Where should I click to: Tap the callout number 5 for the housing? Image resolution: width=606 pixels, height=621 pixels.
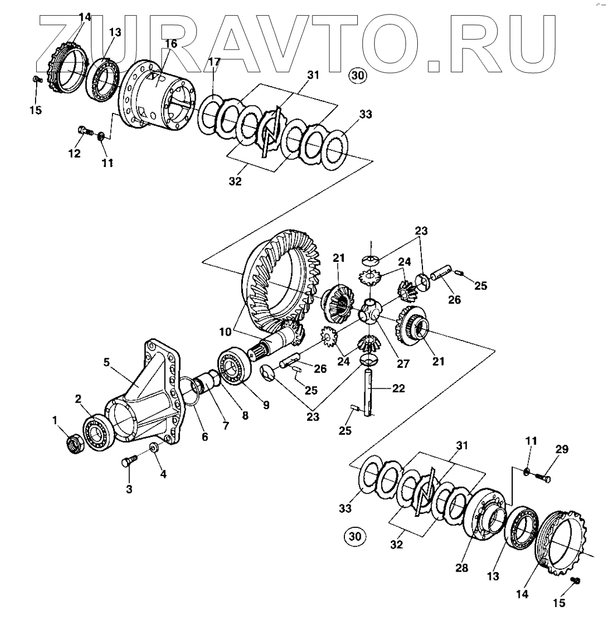(107, 361)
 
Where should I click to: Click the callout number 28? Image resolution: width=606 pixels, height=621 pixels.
(462, 568)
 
